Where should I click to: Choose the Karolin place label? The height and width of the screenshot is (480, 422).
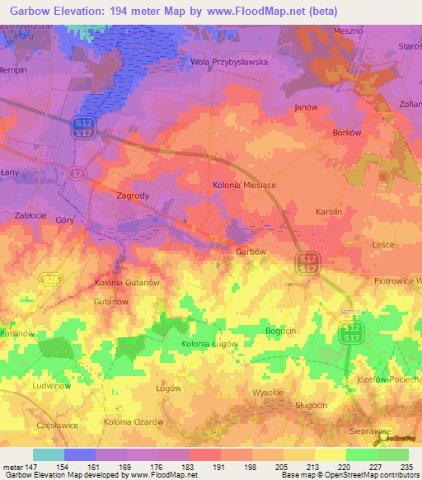click(334, 212)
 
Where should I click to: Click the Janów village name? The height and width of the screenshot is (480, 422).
click(306, 107)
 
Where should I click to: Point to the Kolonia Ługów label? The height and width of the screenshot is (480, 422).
click(209, 343)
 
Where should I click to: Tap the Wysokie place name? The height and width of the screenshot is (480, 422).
click(268, 392)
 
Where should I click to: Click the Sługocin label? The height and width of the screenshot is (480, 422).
click(312, 405)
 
